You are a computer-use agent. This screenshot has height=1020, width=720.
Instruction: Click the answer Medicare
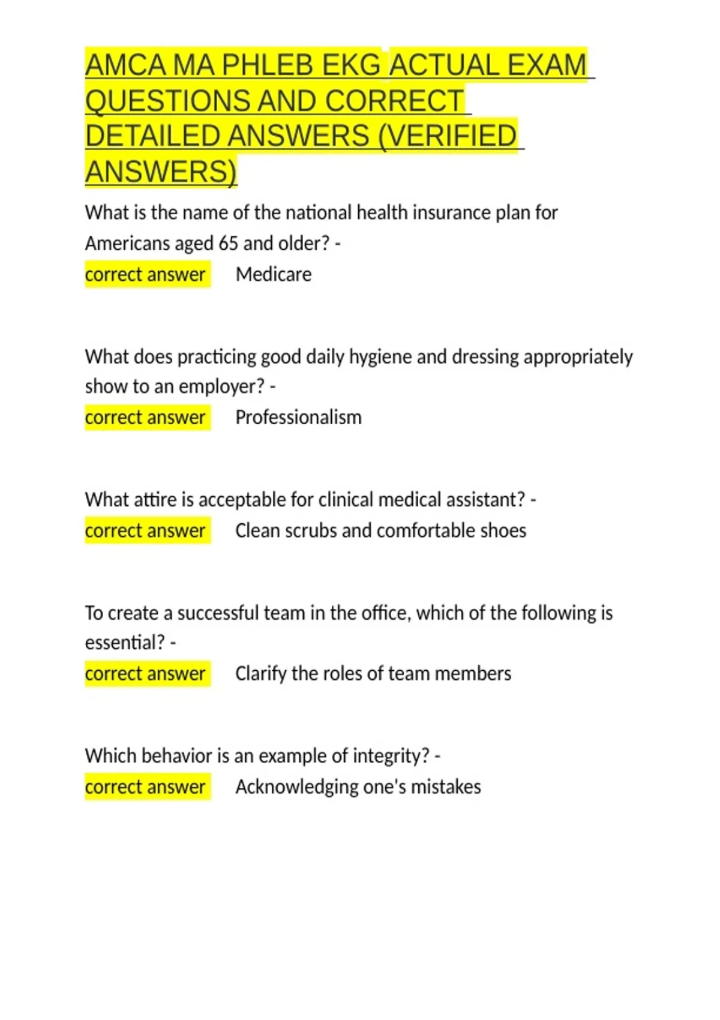(x=274, y=274)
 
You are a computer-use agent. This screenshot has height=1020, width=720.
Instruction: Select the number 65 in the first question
(x=228, y=244)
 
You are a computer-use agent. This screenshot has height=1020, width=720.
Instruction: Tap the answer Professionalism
(x=298, y=417)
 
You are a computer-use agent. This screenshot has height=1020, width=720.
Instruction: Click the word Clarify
(x=260, y=673)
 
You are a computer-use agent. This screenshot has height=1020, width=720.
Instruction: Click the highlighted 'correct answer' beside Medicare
(x=145, y=274)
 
